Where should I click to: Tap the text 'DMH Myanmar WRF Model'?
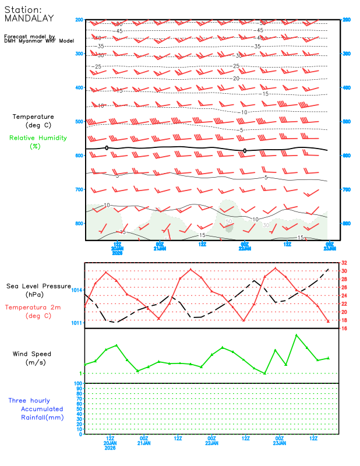(x=39, y=41)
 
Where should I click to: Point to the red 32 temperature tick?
(x=345, y=263)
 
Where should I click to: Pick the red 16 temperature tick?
(x=345, y=329)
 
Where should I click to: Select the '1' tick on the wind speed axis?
(x=80, y=373)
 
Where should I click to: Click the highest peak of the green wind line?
(x=297, y=335)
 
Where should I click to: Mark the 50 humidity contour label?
(x=229, y=222)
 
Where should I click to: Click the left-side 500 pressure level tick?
(x=79, y=122)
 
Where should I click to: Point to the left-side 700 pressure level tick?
(x=79, y=190)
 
